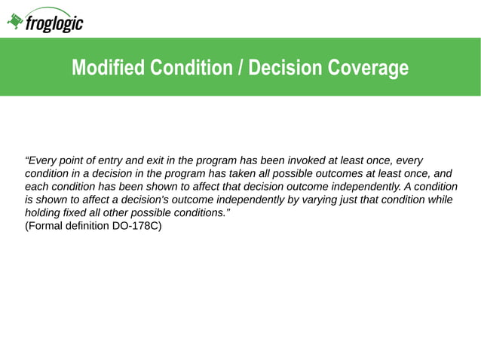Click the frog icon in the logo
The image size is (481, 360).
pos(15,22)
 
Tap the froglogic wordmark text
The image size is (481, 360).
pos(54,23)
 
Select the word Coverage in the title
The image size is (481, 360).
pos(369,69)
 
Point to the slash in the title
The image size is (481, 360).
pos(240,69)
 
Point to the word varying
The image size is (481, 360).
pos(306,200)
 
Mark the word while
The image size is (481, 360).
pos(438,200)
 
